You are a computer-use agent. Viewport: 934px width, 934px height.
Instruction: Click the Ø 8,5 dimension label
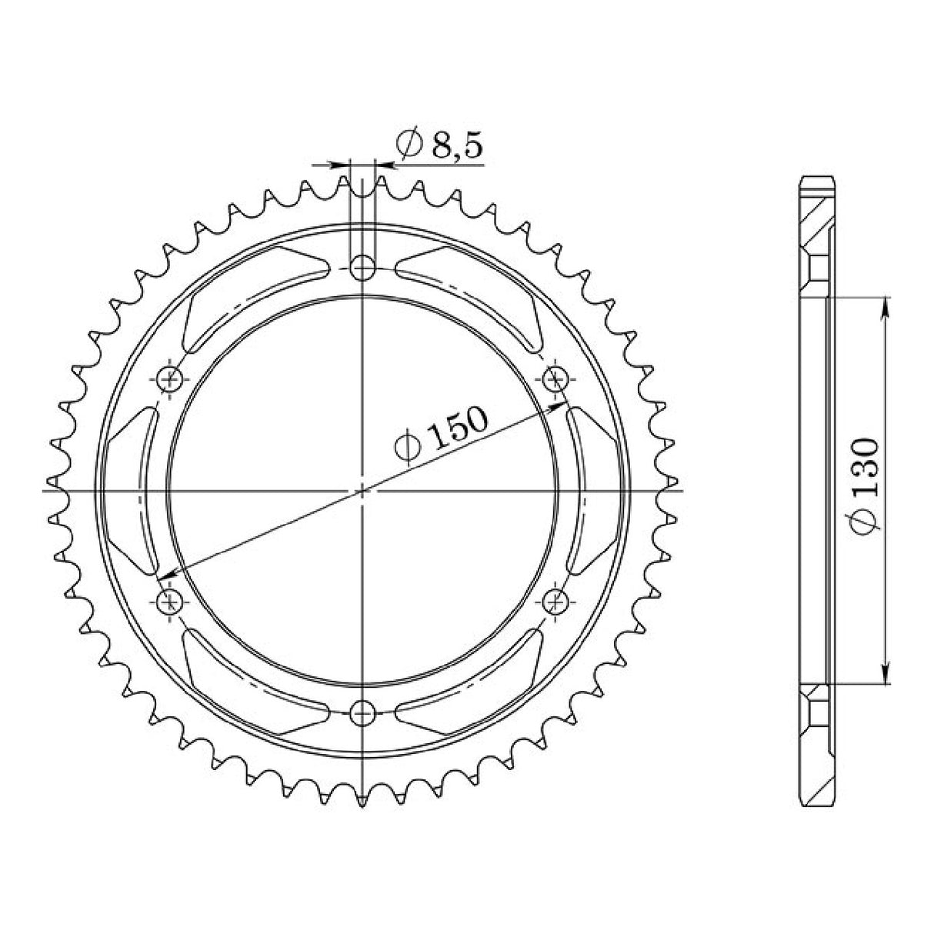(439, 145)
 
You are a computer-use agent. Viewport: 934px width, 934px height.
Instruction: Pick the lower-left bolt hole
(171, 601)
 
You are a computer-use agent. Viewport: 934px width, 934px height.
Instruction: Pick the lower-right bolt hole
(555, 601)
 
